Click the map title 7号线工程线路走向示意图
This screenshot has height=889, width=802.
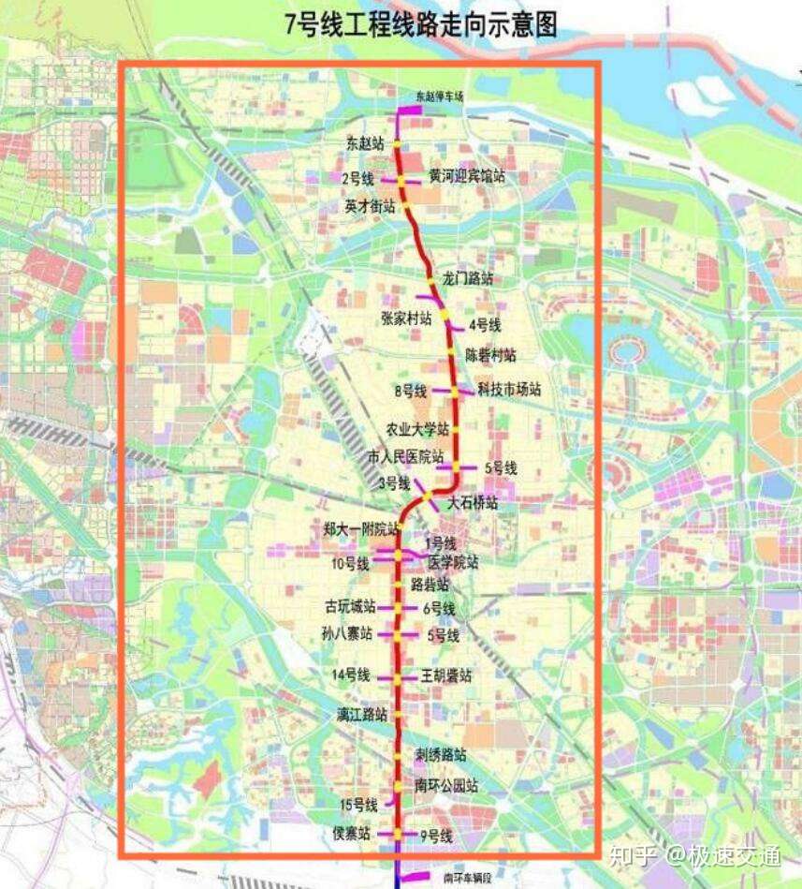pyautogui.click(x=421, y=24)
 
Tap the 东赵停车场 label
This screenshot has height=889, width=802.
pyautogui.click(x=441, y=96)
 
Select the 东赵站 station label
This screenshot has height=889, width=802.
pyautogui.click(x=365, y=144)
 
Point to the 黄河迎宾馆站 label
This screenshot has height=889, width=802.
pyautogui.click(x=467, y=176)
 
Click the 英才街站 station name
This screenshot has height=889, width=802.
pyautogui.click(x=370, y=205)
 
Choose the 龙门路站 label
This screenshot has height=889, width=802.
pyautogui.click(x=468, y=278)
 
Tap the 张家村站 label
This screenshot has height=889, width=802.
pyautogui.click(x=406, y=318)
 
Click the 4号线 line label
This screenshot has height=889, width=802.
pyautogui.click(x=485, y=325)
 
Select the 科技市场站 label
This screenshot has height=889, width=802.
pyautogui.click(x=509, y=390)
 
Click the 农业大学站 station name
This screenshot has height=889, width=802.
pyautogui.click(x=418, y=429)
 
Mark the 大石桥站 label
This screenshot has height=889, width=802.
pyautogui.click(x=472, y=503)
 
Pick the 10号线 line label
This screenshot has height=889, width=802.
pyautogui.click(x=349, y=564)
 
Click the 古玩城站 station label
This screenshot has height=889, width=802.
pyautogui.click(x=350, y=606)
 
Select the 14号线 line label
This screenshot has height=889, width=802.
pyautogui.click(x=351, y=675)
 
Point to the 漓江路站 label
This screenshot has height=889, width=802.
pyautogui.click(x=362, y=715)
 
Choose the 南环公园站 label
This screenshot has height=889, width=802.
pyautogui.click(x=446, y=786)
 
